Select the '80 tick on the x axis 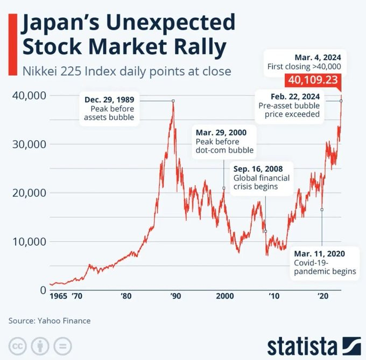[x=125, y=296]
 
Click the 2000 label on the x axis [x=224, y=296]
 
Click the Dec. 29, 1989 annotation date [x=109, y=100]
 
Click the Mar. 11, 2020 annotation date [x=319, y=253]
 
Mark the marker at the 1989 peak [x=173, y=101]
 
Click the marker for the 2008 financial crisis [x=265, y=231]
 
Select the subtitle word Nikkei [x=39, y=71]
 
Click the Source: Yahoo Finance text [x=50, y=321]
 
